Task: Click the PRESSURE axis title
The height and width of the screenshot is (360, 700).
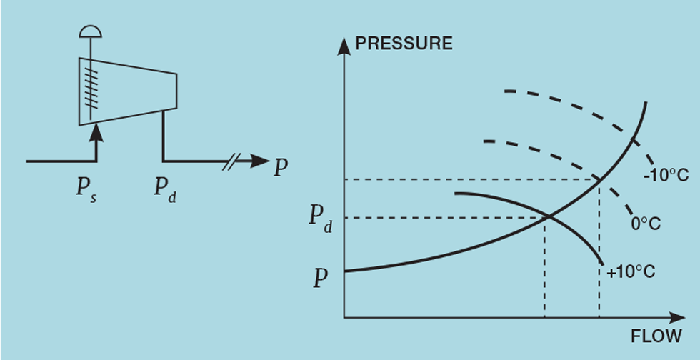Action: tap(404, 44)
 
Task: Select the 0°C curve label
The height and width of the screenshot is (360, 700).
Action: tap(646, 224)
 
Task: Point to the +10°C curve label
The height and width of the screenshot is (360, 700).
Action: tap(630, 272)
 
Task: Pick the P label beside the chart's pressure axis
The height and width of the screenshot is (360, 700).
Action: tap(321, 278)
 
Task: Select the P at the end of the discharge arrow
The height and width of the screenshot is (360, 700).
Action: tap(281, 168)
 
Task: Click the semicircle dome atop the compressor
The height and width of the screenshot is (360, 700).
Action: tap(91, 31)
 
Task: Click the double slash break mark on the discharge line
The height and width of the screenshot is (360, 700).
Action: tap(229, 162)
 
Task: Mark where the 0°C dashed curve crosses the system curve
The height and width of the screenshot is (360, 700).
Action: tap(599, 179)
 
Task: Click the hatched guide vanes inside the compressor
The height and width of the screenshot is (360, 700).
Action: tap(91, 89)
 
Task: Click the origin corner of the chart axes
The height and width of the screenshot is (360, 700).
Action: tap(344, 317)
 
